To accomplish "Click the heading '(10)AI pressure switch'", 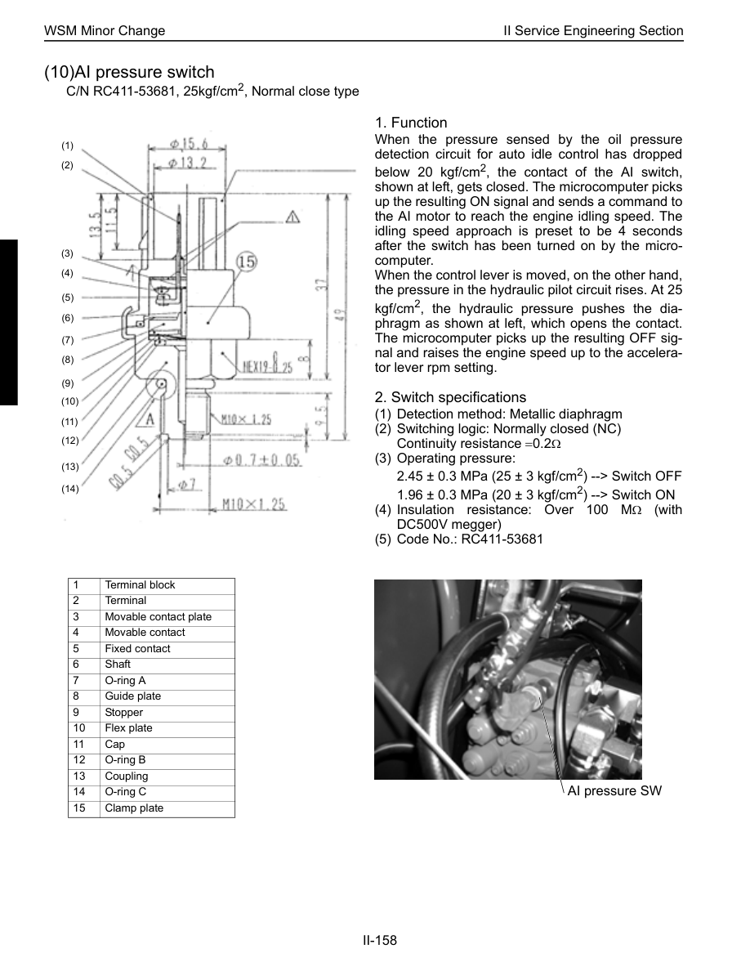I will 129,73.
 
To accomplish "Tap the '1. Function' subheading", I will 411,123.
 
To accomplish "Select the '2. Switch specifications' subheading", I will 450,397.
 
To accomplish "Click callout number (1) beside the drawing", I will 67,145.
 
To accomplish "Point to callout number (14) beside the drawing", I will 69,489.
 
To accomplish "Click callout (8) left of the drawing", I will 67,359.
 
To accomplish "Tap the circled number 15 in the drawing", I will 247,262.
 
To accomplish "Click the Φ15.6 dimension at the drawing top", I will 189,144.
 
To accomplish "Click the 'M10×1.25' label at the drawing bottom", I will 255,504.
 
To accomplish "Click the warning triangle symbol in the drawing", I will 292,217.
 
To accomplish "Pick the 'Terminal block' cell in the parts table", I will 140,585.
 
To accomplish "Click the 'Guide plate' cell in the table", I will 133,696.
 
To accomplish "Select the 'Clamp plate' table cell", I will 134,808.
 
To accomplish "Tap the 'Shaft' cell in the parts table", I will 118,664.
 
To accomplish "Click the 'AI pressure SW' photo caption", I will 614,791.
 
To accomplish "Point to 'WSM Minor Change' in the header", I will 105,31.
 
